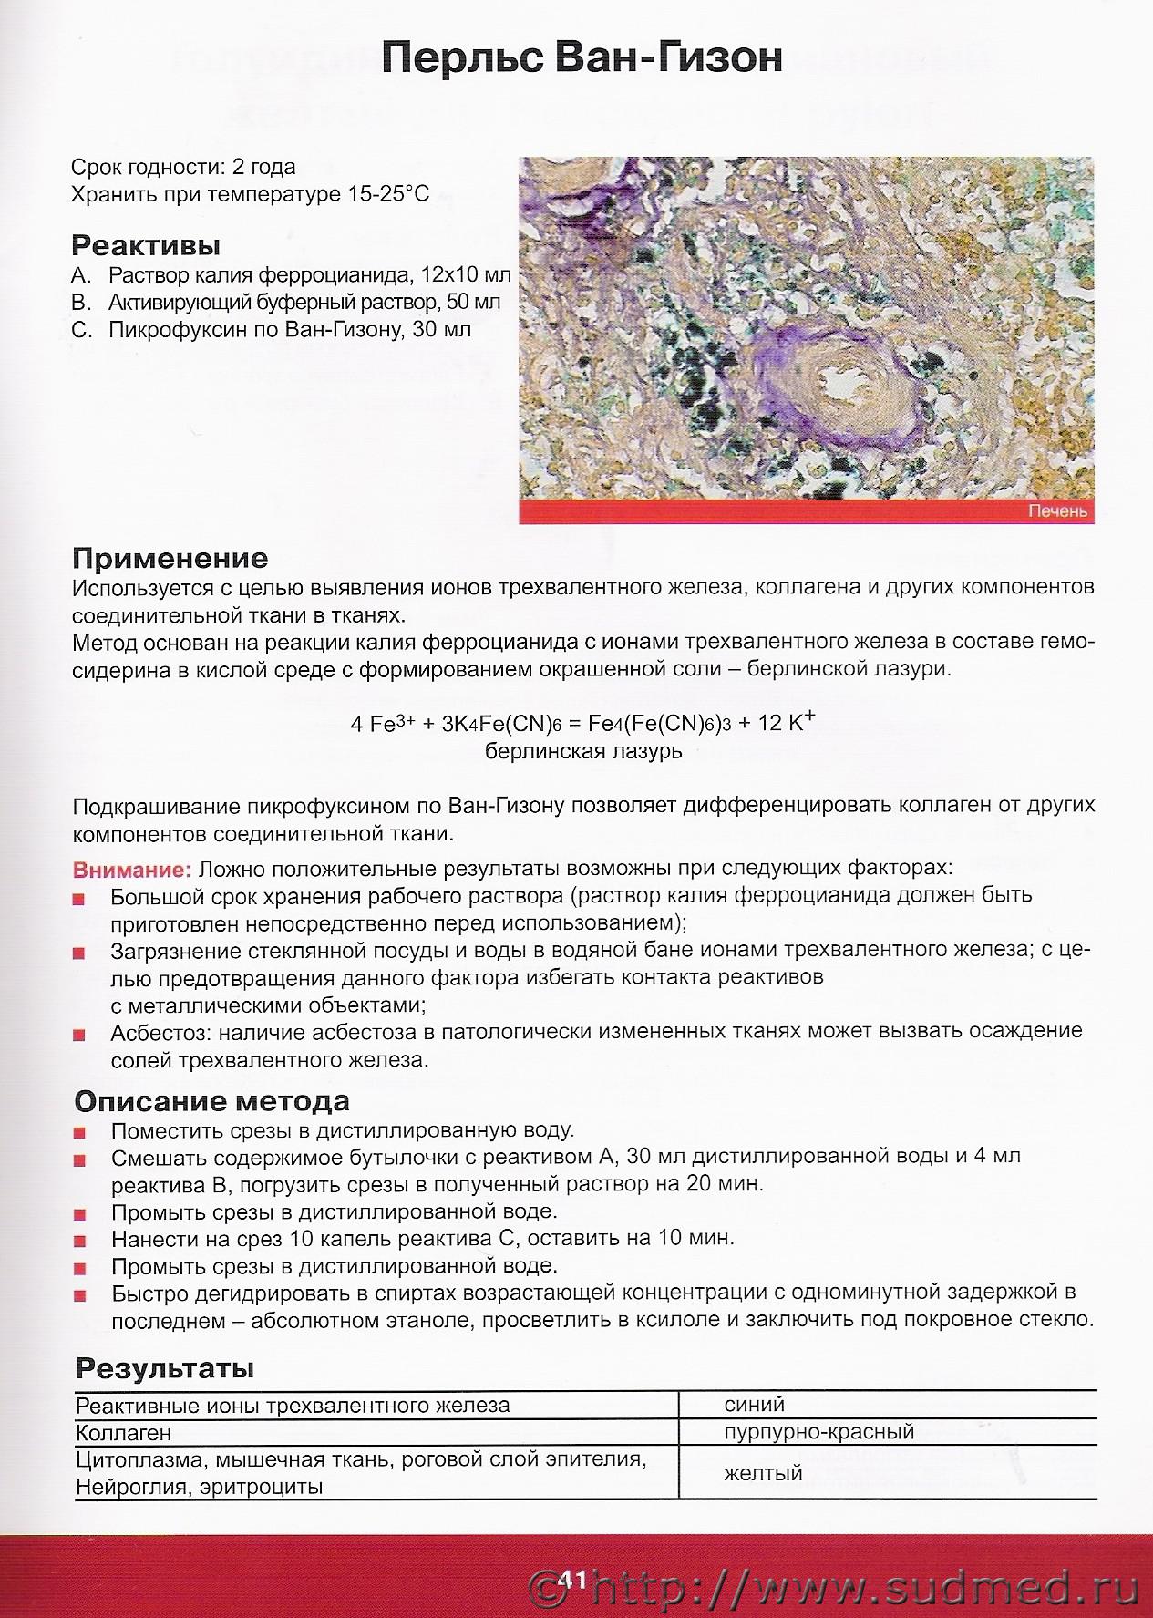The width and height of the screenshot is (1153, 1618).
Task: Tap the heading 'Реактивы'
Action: [x=146, y=245]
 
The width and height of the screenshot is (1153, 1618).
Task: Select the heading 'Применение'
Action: [x=170, y=558]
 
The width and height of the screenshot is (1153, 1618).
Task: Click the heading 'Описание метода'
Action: [x=211, y=1101]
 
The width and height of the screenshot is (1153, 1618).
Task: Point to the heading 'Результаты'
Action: [x=165, y=1368]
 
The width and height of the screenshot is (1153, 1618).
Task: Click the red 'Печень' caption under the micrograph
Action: [x=1057, y=511]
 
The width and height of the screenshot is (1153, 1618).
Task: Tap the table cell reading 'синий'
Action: [x=754, y=1405]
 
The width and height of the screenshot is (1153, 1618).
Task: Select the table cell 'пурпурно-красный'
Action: [x=818, y=1432]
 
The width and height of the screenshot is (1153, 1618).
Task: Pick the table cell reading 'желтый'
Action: [x=763, y=1473]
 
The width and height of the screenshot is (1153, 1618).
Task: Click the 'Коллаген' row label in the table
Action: [x=123, y=1433]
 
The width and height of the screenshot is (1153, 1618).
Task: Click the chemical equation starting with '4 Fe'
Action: [x=582, y=724]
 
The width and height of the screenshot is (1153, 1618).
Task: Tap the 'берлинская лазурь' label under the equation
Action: [x=583, y=752]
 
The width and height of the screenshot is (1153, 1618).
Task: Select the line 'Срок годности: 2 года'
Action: [x=183, y=168]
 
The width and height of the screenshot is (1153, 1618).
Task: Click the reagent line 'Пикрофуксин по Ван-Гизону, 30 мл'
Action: [x=290, y=330]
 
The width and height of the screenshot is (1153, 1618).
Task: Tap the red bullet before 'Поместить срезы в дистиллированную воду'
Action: [x=79, y=1133]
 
